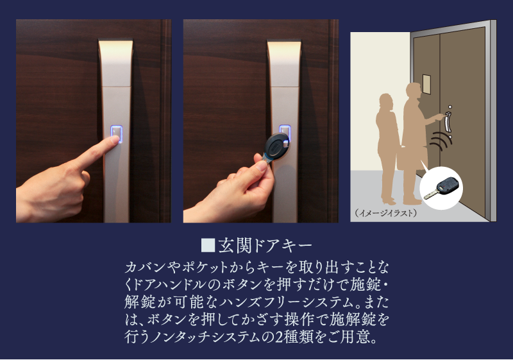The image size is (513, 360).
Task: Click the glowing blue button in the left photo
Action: pyautogui.click(x=117, y=134)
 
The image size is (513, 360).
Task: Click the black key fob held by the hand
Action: pyautogui.click(x=277, y=146)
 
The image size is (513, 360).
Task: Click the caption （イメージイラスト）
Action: pyautogui.click(x=386, y=213)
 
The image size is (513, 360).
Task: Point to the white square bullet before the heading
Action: pyautogui.click(x=208, y=245)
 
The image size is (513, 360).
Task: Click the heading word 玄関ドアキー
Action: pyautogui.click(x=265, y=246)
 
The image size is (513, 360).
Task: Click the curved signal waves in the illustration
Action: pyautogui.click(x=441, y=140)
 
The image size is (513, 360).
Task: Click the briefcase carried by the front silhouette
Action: pyautogui.click(x=412, y=158)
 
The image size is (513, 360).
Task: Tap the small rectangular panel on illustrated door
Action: pyautogui.click(x=426, y=85)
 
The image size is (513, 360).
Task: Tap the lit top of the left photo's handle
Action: pyautogui.click(x=116, y=45)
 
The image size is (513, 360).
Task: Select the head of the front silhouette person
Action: pyautogui.click(x=414, y=91)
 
